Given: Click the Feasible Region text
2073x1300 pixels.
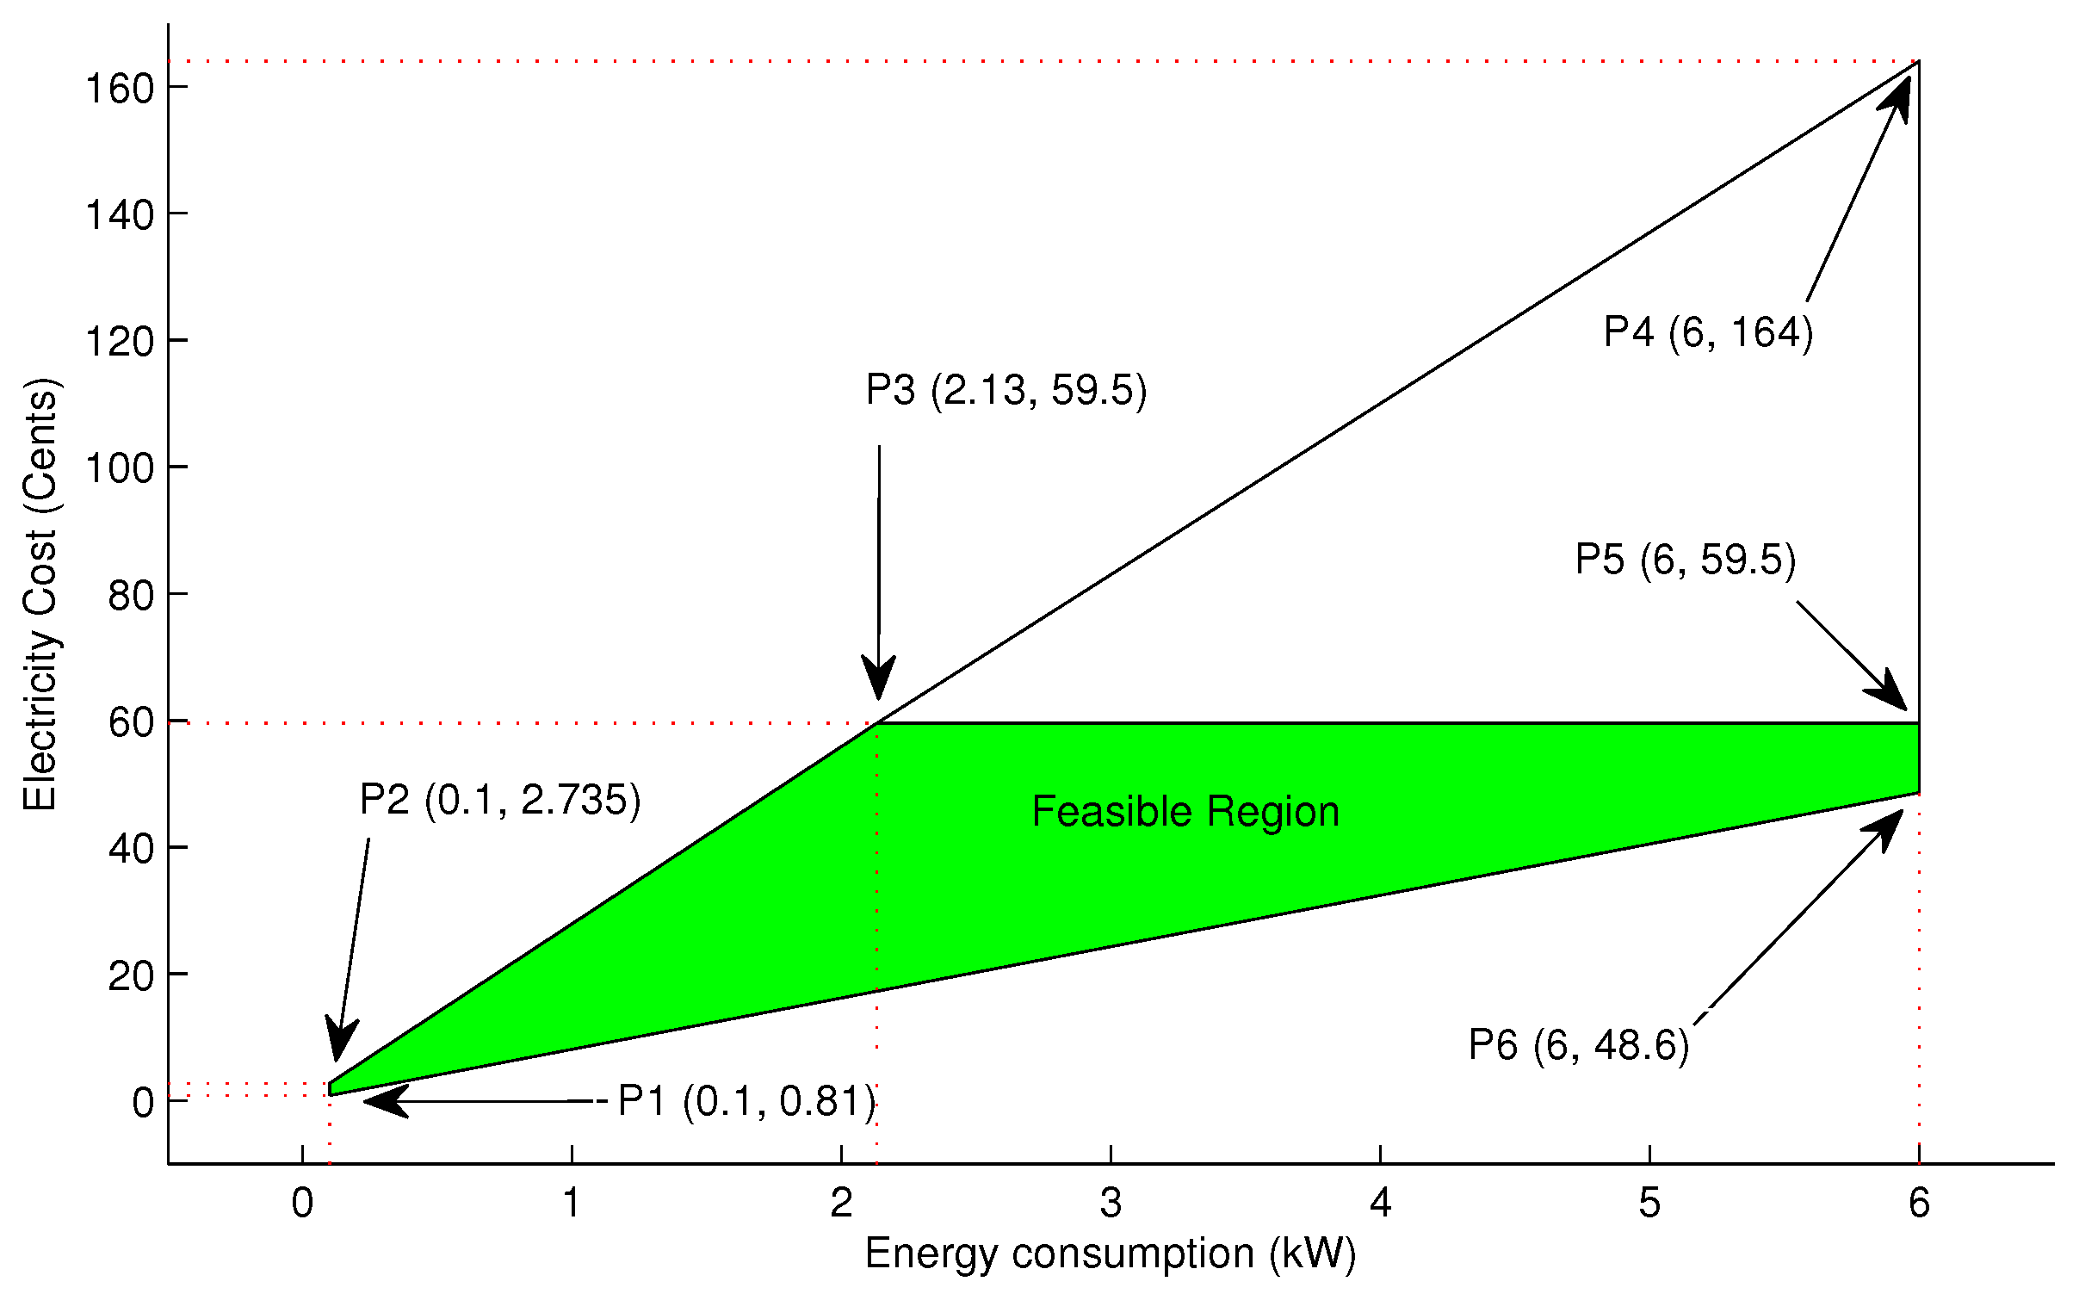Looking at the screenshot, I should click(1185, 812).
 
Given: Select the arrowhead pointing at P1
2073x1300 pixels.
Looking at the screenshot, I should click(381, 1101).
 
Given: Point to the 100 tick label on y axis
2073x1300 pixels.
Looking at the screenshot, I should click(120, 468).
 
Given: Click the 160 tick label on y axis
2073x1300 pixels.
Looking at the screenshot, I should click(120, 89).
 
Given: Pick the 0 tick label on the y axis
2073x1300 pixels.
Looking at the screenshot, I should click(143, 1103).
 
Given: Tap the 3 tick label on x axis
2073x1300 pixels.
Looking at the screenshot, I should click(1111, 1203).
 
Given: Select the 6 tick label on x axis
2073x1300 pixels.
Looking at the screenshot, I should click(1919, 1203).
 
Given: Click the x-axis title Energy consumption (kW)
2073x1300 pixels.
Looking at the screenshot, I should click(1111, 1253).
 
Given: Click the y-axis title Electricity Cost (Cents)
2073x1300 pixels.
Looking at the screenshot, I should click(40, 594).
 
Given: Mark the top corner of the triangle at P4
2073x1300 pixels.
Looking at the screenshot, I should click(1918, 62).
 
